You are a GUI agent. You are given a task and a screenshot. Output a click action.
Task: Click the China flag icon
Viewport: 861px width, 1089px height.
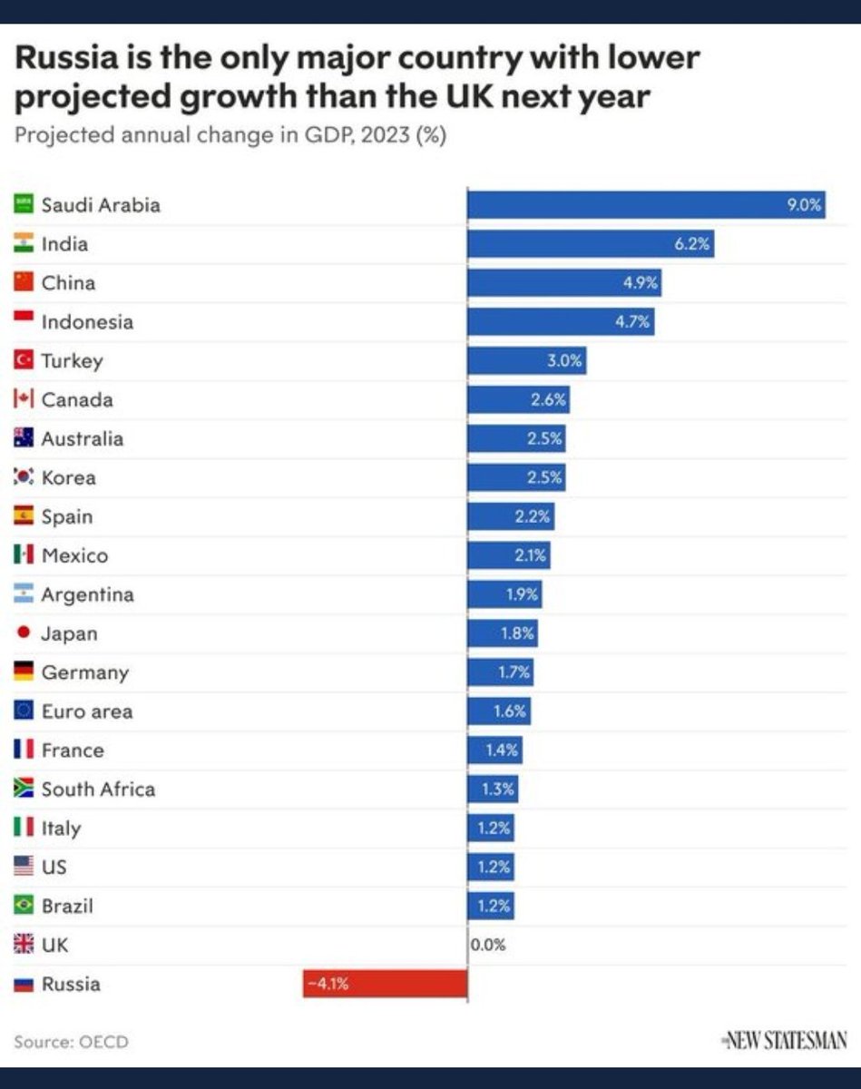point(24,282)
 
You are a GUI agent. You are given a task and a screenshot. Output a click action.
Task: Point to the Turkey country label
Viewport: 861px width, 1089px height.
point(72,361)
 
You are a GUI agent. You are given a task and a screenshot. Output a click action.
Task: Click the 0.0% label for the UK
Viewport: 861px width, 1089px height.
point(488,945)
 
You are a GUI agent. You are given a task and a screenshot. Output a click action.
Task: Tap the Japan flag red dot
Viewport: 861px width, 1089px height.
point(24,633)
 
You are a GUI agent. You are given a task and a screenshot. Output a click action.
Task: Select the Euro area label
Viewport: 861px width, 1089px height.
point(86,711)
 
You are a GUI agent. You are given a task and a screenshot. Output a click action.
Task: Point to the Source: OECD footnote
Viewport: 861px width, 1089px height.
point(71,1042)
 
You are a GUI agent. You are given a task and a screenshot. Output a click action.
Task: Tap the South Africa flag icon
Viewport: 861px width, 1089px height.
point(24,789)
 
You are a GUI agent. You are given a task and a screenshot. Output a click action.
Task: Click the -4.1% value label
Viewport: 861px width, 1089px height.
point(328,984)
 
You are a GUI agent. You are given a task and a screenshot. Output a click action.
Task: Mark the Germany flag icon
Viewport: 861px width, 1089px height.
point(24,672)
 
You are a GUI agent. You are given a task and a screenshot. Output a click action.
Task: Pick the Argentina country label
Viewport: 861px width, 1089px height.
point(87,594)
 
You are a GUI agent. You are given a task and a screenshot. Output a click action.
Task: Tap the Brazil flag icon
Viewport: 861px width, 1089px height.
point(24,906)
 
